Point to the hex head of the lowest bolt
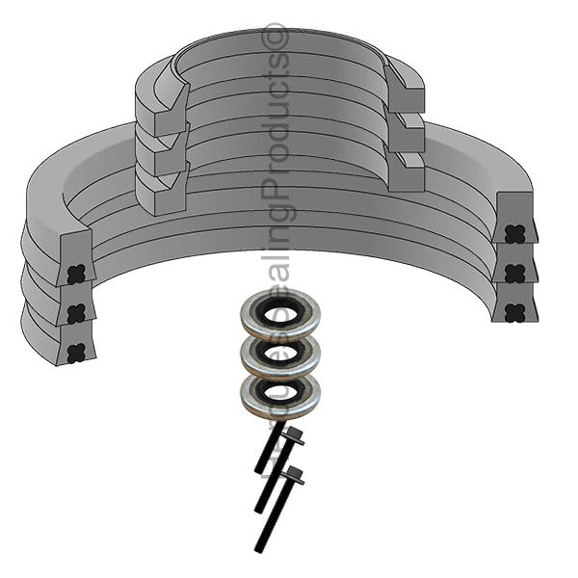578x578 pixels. coord(294,474)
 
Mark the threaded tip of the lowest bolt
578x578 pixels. coord(259,546)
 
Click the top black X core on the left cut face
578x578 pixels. coord(74,273)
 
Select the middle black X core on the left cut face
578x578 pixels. coord(75,312)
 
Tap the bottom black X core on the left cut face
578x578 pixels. coord(75,352)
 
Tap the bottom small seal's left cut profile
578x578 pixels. coord(159,188)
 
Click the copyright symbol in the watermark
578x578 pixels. coord(276,37)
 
